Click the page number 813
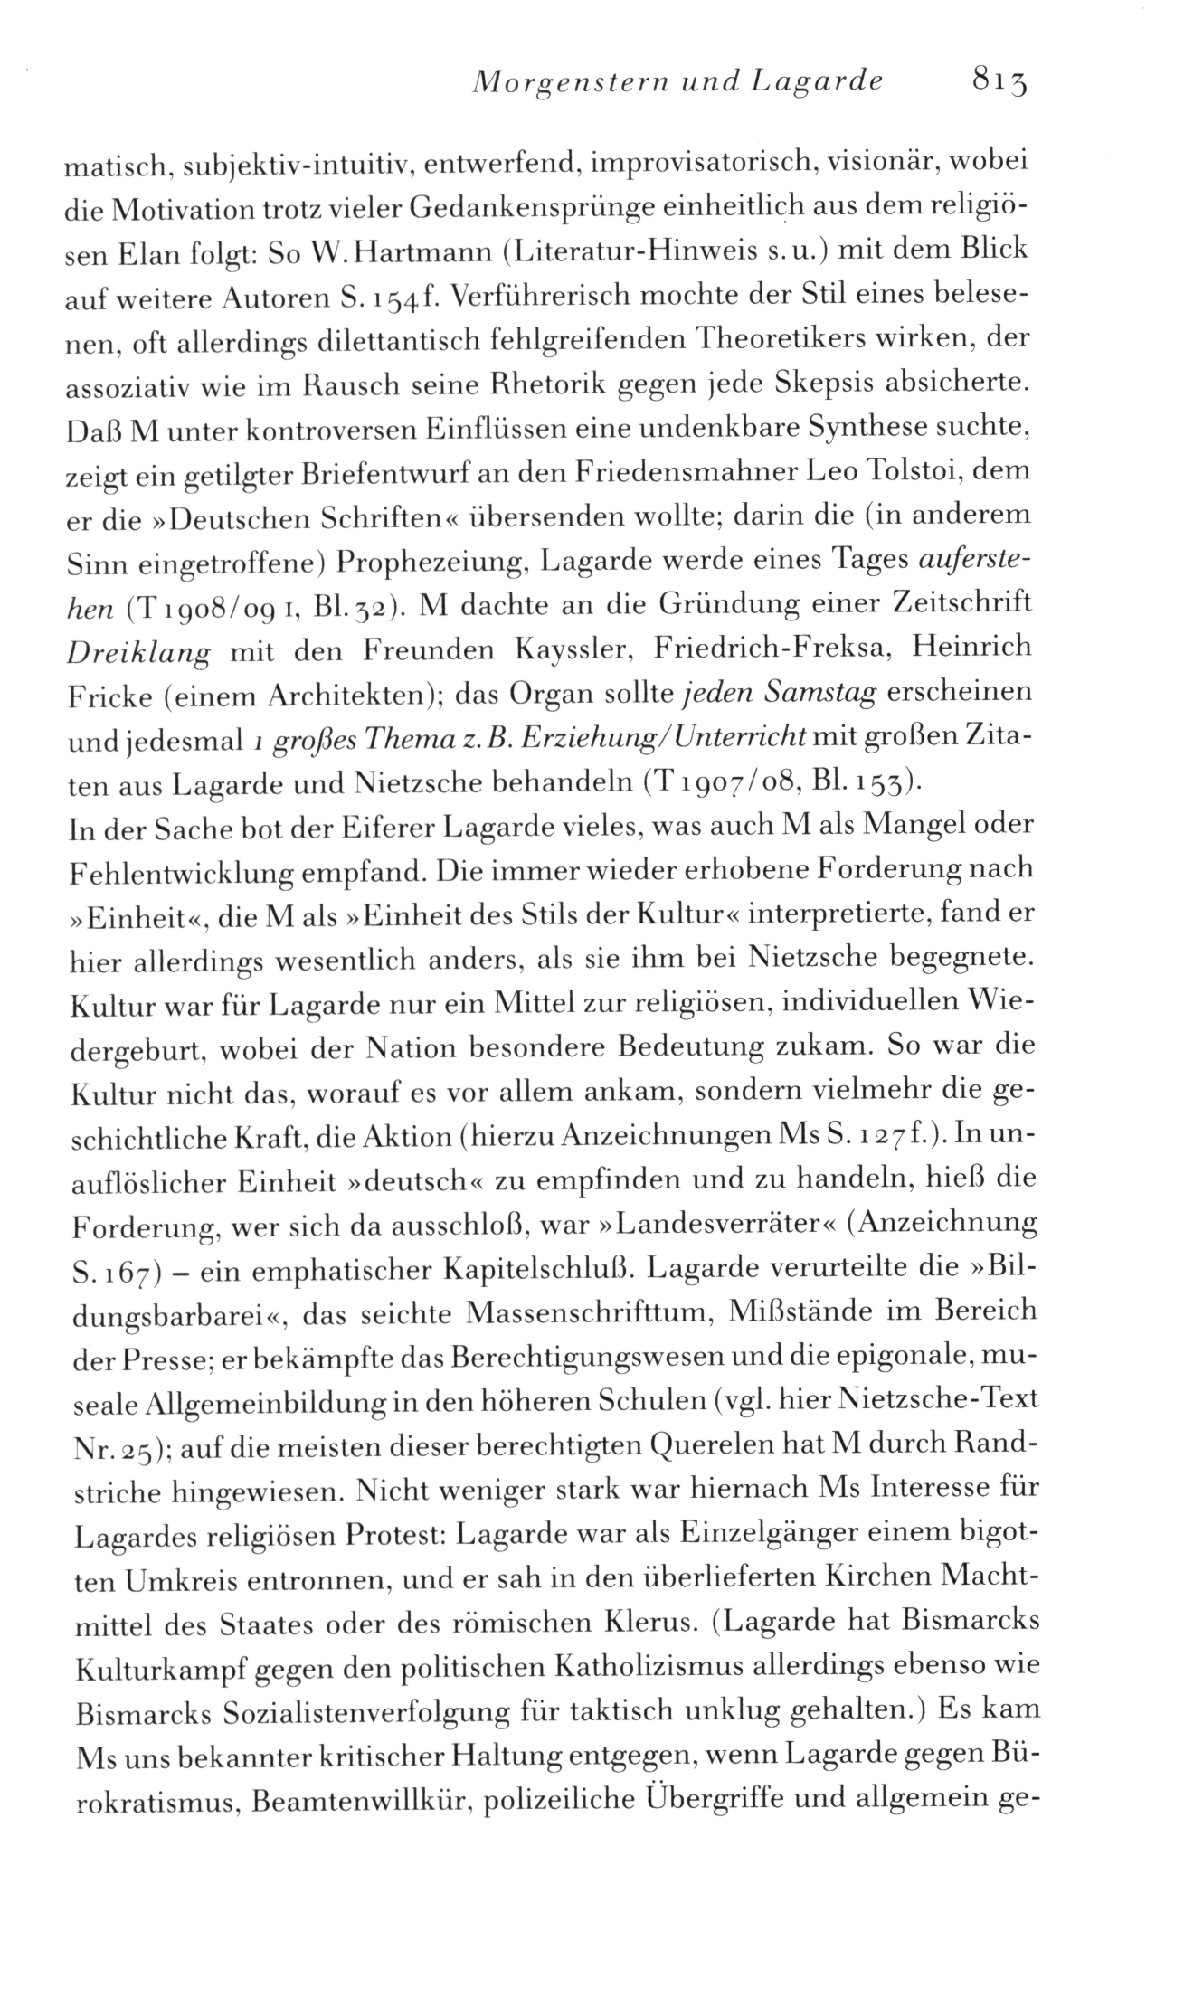click(x=1001, y=83)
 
